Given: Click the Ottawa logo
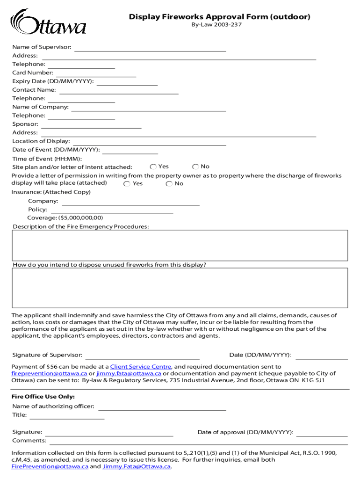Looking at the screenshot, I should tap(48, 22).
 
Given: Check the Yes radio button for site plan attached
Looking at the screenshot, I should tap(153, 167).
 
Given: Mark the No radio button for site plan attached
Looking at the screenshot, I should tap(195, 167).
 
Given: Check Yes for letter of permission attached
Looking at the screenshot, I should tap(127, 184).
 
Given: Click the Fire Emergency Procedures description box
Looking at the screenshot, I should tap(180, 245).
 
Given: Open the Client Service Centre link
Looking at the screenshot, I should tap(141, 367).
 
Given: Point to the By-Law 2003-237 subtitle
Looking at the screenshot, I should tap(216, 25).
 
